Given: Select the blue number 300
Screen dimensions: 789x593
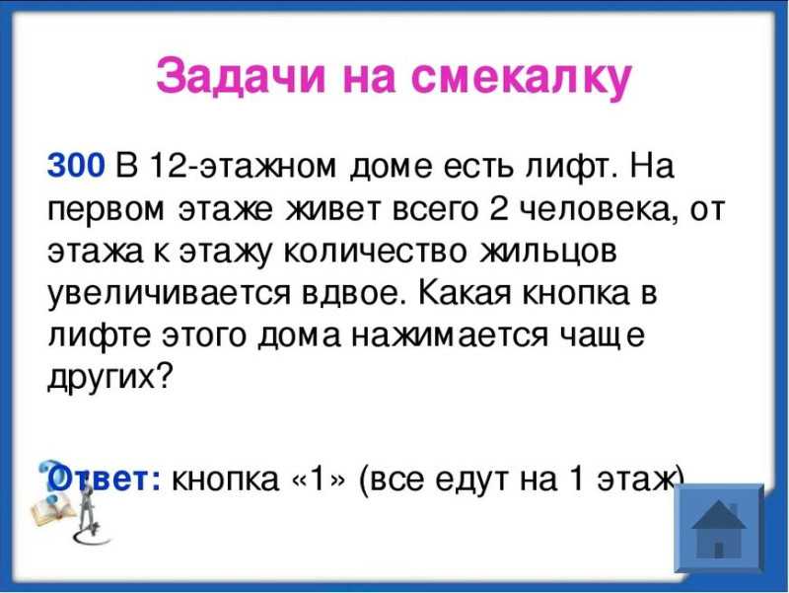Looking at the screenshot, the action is pos(76,165).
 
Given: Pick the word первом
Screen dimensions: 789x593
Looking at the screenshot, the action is pos(106,210).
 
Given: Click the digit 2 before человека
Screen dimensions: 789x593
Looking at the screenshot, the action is pos(497,207).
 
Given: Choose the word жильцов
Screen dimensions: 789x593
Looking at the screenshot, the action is pos(548,253).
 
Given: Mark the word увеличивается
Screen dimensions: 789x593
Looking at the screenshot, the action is pos(169,294).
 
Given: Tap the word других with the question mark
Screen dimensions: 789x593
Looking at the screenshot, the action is pos(109,377).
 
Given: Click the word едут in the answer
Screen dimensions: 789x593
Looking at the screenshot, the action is pos(470,479).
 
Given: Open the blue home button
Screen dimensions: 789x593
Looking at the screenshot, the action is pos(719,528).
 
